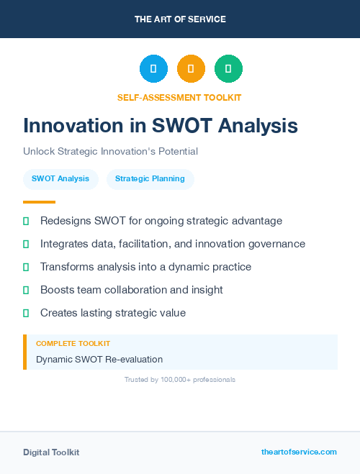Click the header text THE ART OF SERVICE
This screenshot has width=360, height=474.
[180, 19]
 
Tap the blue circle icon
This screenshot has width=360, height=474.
[153, 69]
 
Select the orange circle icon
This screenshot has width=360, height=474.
[191, 69]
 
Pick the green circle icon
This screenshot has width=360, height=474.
[228, 69]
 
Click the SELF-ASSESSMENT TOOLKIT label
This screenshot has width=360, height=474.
[180, 97]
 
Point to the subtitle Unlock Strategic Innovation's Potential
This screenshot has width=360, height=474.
[110, 152]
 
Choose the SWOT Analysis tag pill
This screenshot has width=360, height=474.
[60, 179]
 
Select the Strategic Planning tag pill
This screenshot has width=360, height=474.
[150, 179]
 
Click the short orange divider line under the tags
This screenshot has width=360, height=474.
[39, 202]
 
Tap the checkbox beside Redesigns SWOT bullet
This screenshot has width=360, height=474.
[27, 221]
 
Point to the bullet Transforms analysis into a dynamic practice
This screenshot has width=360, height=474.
[145, 267]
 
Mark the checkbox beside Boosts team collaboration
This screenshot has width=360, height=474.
[27, 290]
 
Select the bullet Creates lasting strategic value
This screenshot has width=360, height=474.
[113, 313]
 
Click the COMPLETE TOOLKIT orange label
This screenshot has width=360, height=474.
[73, 344]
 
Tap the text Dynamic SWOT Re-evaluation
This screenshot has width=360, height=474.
[99, 359]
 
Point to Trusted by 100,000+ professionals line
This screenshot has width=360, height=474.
[180, 379]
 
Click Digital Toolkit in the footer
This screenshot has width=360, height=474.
[51, 452]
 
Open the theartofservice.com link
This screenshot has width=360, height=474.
[299, 452]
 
